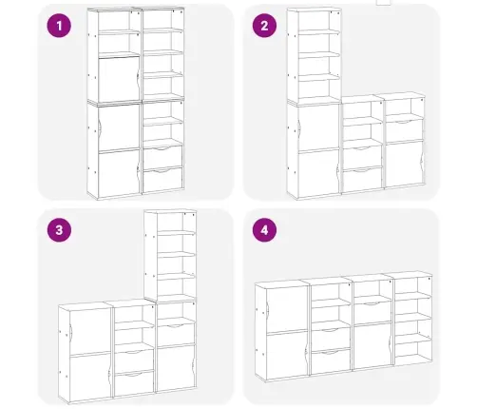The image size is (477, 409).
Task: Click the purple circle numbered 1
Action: tap(59, 26)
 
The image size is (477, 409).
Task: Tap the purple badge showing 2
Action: tap(264, 26)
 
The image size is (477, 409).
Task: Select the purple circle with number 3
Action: tap(59, 230)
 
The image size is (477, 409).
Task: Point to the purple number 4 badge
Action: tap(264, 230)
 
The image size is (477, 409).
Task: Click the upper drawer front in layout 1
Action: tap(162, 157)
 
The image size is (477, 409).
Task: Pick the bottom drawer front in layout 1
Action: tap(162, 180)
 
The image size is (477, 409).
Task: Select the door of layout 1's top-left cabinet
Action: tap(119, 79)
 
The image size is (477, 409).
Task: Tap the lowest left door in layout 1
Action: tap(119, 173)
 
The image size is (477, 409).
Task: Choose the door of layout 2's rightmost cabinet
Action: tap(404, 165)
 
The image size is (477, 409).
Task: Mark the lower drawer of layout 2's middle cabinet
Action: tap(362, 180)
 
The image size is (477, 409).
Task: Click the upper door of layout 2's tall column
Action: tap(318, 127)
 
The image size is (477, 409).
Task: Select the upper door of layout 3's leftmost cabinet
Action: tap(89, 330)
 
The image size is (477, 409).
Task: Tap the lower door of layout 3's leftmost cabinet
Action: tap(89, 378)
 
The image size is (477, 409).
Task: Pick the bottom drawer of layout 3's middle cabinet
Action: tap(134, 383)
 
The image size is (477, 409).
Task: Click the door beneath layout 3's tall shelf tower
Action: tap(175, 368)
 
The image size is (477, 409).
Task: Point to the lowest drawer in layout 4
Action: tap(331, 360)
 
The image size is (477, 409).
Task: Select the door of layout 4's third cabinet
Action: tap(372, 346)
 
